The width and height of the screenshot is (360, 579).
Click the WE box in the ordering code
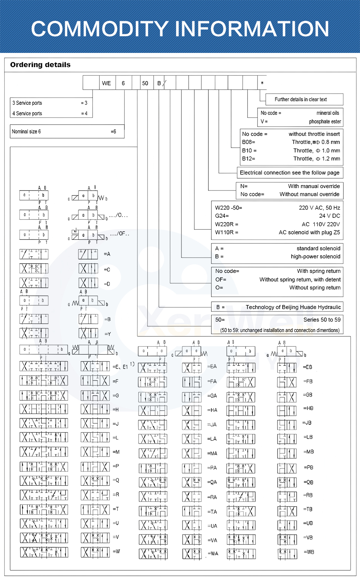pos(107,83)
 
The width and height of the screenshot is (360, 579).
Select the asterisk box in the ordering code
pos(262,83)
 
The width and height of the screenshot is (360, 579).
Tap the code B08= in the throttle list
pos(248,142)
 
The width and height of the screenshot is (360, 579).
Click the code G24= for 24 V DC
pos(222,216)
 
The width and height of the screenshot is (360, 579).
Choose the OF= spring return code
pos(221,279)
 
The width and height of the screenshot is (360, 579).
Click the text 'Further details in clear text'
pos(301,99)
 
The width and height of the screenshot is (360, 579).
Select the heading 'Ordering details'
pos(40,65)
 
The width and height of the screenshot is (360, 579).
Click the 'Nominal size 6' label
pos(26,132)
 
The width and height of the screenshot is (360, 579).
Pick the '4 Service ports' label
pos(27,113)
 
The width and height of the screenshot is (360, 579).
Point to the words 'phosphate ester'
pos(325,122)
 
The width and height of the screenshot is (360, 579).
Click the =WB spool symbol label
pos(309,552)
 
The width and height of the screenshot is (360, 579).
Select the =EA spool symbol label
pos(212,367)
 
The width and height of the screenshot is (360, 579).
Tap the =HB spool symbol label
pos(308,408)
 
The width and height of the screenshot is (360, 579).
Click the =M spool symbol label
pos(116,452)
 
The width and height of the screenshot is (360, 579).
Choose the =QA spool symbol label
pos(212,482)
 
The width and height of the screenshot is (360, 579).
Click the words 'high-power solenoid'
pos(315,257)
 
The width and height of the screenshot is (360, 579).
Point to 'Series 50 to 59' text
pos(322,320)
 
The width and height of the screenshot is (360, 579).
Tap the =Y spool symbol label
pos(108,334)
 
